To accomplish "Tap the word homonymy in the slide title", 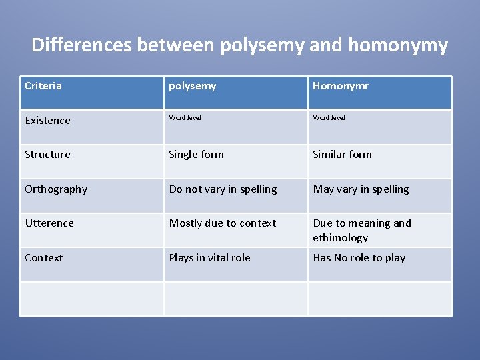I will (x=398, y=45).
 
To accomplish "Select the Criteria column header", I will (x=43, y=85).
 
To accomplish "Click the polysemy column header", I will (x=193, y=85).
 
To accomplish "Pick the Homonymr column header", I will (x=341, y=85).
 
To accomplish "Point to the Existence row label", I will (x=47, y=120).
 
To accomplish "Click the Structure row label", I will (x=47, y=154).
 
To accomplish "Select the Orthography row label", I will (x=56, y=189).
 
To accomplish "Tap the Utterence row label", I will (x=49, y=223).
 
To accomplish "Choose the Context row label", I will (x=44, y=257).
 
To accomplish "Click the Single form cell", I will (x=197, y=154).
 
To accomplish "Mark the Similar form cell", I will (x=343, y=154).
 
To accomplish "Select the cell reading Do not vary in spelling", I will (x=223, y=189).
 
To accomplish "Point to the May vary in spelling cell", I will (x=361, y=189).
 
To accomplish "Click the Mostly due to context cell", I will (x=223, y=223).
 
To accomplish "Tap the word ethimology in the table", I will (x=341, y=237).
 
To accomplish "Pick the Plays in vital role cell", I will (x=210, y=257).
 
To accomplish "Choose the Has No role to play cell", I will (x=359, y=257).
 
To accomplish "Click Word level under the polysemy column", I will (x=185, y=117).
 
